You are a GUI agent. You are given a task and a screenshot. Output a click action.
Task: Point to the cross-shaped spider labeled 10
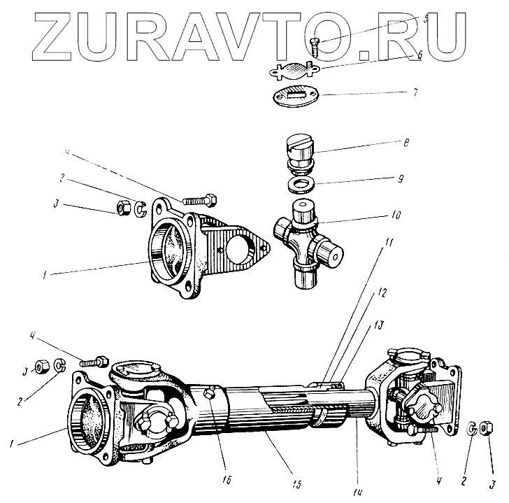308,242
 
